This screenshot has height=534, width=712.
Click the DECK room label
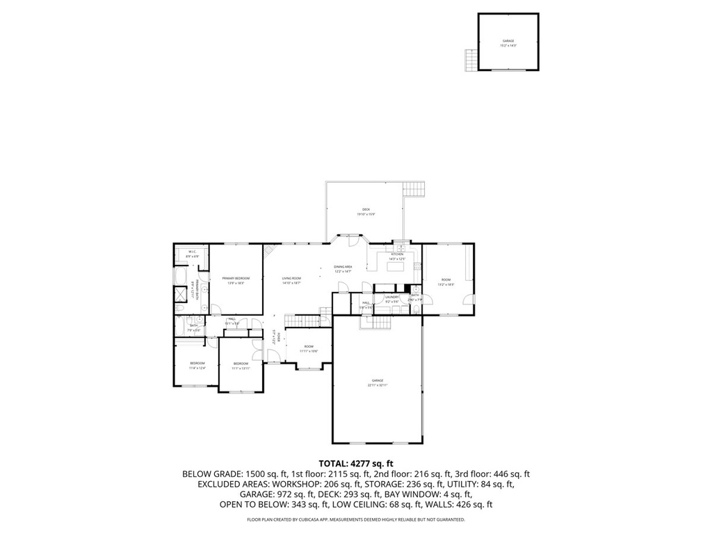(366, 209)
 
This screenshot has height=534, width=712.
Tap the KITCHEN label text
(397, 254)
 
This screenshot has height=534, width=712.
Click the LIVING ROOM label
(291, 278)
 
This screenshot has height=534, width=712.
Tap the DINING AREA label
(343, 267)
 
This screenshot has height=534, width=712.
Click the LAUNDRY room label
(391, 297)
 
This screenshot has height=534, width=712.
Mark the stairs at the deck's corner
(415, 188)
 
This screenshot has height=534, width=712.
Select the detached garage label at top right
(508, 41)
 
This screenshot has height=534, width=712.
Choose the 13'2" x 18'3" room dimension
(446, 284)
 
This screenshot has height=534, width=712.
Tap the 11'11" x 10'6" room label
(309, 351)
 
